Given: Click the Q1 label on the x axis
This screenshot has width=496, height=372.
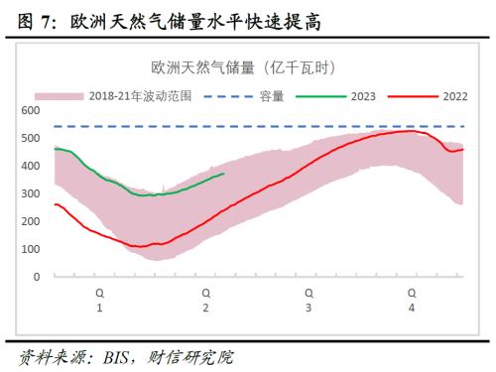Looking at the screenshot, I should (99, 301).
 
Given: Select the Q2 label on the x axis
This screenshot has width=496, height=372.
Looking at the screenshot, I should (205, 301).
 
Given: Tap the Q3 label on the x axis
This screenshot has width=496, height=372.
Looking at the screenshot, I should (309, 301).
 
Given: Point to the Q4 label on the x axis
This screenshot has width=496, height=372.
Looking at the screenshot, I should (412, 301).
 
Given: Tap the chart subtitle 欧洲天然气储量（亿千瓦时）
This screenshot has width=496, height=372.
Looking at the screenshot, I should (244, 68).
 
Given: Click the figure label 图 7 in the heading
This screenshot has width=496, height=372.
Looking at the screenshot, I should (27, 19).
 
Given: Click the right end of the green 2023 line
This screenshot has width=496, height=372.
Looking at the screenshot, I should (224, 174).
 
